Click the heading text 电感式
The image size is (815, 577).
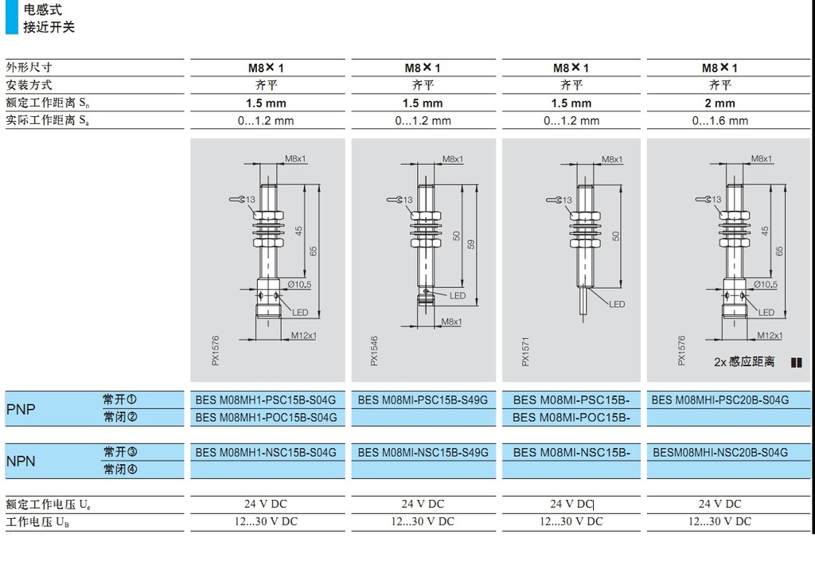42,10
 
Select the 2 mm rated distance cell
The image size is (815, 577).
719,103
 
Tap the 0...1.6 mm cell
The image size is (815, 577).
719,121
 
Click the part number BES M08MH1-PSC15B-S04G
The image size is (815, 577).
266,400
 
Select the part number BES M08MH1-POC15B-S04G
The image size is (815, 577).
266,417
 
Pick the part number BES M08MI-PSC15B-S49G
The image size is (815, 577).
422,400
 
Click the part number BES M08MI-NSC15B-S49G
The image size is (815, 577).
422,452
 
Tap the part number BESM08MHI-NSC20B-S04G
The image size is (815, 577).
719,452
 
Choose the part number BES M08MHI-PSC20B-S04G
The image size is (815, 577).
719,400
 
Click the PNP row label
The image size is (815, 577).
21,408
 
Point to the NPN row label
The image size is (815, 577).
21,461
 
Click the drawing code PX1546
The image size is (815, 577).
374,350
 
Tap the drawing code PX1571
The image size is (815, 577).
524,350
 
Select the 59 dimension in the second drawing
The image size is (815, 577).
471,244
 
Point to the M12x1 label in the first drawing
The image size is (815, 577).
303,335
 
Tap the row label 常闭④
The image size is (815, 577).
120,470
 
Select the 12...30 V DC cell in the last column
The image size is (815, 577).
719,521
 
